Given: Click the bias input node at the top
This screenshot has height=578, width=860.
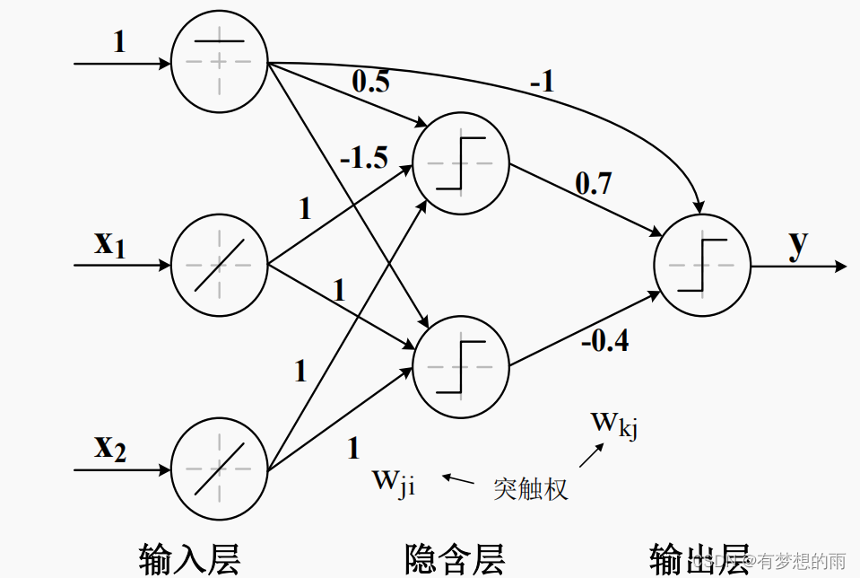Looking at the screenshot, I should [x=219, y=63].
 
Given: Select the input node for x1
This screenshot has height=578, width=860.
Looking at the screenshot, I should [x=219, y=266].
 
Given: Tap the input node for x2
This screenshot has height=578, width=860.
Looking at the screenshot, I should [x=219, y=469].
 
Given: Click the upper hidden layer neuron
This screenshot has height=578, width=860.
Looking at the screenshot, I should [x=461, y=164].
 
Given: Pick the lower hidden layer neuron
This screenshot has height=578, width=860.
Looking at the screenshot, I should [x=461, y=366].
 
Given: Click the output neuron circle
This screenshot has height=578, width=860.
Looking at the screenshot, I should [x=703, y=266].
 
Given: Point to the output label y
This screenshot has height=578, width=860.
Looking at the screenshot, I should [x=798, y=245].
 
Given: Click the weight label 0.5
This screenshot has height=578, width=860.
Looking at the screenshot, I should [x=370, y=82].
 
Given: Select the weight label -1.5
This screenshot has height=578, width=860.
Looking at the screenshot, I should [x=363, y=159].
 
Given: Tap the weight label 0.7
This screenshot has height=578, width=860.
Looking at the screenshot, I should [x=593, y=184].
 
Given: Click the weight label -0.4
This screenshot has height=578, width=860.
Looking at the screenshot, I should [x=604, y=341].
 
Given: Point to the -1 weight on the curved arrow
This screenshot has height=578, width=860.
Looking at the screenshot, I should [x=542, y=83].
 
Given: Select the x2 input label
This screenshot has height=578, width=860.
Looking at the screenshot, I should [x=110, y=446].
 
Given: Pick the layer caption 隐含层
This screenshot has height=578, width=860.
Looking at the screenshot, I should [x=456, y=556].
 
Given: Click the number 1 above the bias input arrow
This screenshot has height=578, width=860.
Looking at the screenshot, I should [x=119, y=42].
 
